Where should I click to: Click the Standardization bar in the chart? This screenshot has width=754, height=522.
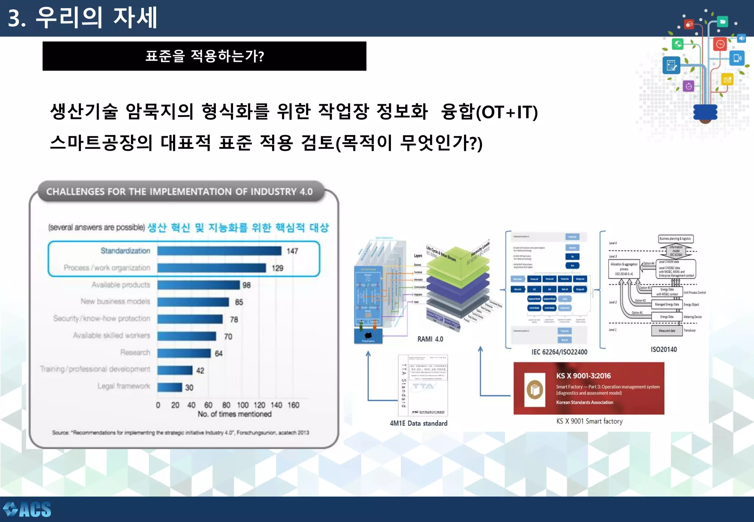tap(219, 251)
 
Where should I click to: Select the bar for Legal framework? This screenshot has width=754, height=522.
tap(170, 387)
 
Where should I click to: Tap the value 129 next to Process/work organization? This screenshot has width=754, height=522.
tap(277, 268)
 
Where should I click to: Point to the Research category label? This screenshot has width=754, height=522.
tap(135, 353)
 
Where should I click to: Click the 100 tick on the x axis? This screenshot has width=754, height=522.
tap(243, 405)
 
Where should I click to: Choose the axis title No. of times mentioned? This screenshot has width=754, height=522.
tap(235, 414)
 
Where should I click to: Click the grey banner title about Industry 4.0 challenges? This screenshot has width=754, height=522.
tap(179, 191)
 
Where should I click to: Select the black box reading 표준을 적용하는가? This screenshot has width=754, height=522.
tap(204, 56)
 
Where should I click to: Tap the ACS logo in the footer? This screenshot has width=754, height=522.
tap(27, 509)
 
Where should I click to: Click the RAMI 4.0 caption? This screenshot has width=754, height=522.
tap(430, 339)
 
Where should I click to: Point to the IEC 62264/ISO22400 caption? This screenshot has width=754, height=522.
tap(559, 352)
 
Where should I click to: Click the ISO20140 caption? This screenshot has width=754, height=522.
tap(663, 349)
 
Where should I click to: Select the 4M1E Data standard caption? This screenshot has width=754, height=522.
tap(419, 423)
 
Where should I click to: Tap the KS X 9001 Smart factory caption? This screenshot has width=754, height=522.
tap(589, 421)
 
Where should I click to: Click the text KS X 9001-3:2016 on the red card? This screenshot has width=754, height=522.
tap(583, 376)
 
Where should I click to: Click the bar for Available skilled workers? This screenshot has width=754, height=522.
tap(187, 336)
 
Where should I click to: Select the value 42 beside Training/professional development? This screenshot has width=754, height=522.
tap(200, 370)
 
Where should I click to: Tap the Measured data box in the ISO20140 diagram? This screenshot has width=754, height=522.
tap(667, 331)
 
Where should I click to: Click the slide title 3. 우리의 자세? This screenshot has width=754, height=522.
tap(82, 18)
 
